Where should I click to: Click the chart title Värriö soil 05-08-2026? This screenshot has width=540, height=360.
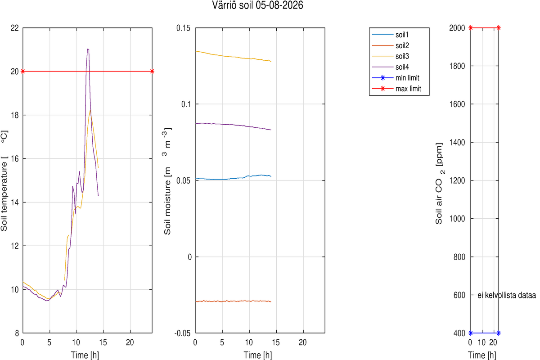tap(257, 5)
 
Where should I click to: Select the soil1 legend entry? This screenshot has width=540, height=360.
tap(390, 35)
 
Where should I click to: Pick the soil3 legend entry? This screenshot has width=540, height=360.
tap(390, 56)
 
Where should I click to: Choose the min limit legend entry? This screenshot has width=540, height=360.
tap(396, 78)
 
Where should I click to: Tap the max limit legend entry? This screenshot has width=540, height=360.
tap(396, 89)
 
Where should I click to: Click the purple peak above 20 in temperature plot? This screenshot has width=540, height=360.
tap(88, 49)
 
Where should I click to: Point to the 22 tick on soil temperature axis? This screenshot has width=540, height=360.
tap(15, 28)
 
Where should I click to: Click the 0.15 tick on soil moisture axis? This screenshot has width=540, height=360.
tap(183, 28)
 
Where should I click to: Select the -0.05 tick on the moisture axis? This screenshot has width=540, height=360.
tap(182, 333)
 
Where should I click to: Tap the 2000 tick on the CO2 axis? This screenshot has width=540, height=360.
tap(457, 28)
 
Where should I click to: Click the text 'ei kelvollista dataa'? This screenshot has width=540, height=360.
tap(507, 295)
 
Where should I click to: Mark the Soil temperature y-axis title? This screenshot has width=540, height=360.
tap(4, 181)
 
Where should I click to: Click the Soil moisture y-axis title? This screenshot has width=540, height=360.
tap(167, 181)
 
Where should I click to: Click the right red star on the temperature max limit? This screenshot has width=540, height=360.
tap(152, 72)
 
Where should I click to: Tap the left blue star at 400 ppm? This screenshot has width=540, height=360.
tap(471, 333)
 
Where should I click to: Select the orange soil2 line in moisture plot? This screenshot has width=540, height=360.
tap(234, 301)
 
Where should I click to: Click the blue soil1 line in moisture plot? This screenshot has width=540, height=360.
tap(234, 178)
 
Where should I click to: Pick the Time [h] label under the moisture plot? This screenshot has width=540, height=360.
tap(258, 355)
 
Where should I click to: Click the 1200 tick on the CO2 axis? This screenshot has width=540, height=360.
tap(457, 180)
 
